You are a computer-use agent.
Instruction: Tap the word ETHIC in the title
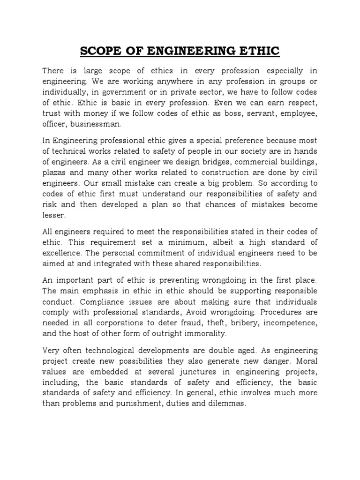tap(259, 50)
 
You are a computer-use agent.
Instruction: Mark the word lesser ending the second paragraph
tap(53, 216)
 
